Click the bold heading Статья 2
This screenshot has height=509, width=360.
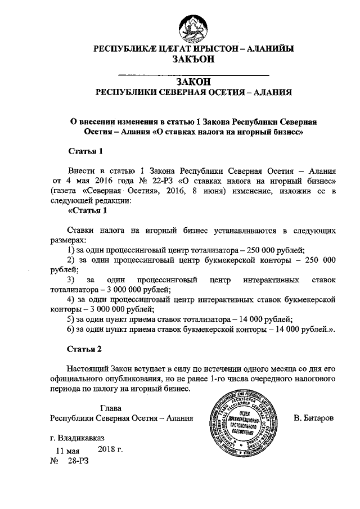click(84, 349)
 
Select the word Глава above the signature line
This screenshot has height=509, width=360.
click(111, 408)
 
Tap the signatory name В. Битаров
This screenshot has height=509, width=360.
click(314, 418)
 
